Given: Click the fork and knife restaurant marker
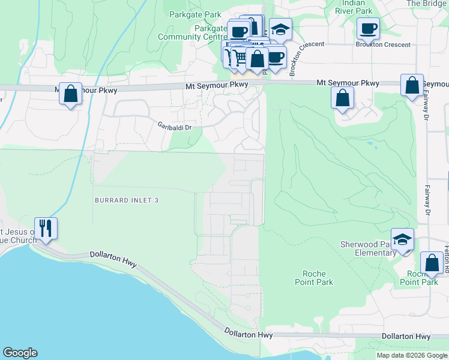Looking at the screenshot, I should tap(46, 228).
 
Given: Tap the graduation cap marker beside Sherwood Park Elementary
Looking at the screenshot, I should tap(402, 240).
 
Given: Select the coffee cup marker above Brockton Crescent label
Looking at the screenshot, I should tap(368, 28).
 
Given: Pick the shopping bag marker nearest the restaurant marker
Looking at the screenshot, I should tap(70, 94).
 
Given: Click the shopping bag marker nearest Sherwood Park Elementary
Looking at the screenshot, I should tap(432, 263).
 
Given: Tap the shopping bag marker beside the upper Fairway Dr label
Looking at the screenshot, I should tap(412, 85).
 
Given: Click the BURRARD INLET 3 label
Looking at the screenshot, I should tap(126, 199).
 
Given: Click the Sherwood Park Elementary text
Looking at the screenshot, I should tap(367, 248).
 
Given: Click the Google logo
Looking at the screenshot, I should tap(20, 353).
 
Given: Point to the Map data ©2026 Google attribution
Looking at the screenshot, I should tap(412, 355).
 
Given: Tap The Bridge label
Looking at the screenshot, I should tap(427, 4).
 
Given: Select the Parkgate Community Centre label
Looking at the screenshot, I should tap(192, 32).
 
